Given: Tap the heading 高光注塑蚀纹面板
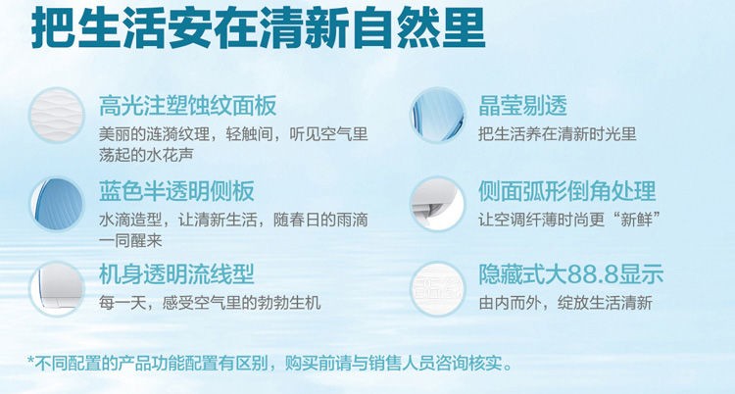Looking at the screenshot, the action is pyautogui.click(x=187, y=106).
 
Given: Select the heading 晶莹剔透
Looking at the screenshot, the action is pyautogui.click(x=522, y=106).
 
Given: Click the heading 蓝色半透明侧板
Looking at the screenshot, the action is pyautogui.click(x=176, y=191).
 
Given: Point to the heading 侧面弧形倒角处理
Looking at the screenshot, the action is pyautogui.click(x=566, y=191).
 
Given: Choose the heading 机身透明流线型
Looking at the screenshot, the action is pyautogui.click(x=176, y=273).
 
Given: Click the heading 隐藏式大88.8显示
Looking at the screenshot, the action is pyautogui.click(x=571, y=273).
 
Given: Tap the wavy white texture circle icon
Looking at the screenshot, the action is pyautogui.click(x=57, y=116).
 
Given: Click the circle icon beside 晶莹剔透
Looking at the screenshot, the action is pyautogui.click(x=438, y=116).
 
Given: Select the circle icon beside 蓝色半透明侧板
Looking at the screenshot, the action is pyautogui.click(x=57, y=204).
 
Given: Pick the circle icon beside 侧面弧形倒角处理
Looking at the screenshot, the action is pyautogui.click(x=438, y=204).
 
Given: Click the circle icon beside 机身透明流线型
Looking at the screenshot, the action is pyautogui.click(x=57, y=289).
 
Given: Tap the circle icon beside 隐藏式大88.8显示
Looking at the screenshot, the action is pyautogui.click(x=438, y=289).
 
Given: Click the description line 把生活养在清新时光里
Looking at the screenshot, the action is pyautogui.click(x=558, y=134).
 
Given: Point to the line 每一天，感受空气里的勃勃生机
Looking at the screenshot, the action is pyautogui.click(x=210, y=303).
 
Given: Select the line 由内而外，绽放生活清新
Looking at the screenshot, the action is pyautogui.click(x=565, y=303).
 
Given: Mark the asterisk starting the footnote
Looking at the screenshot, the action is pyautogui.click(x=31, y=361).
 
